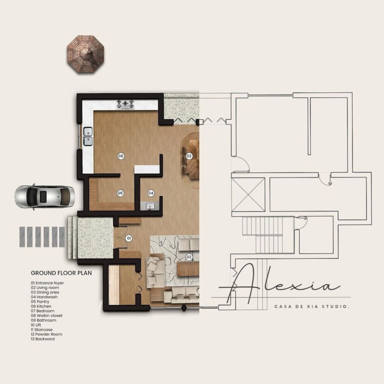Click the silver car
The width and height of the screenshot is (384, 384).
pos(45,196)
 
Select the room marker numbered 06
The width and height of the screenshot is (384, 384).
pos(121,156)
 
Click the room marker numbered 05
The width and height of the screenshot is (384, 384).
pos(120,193)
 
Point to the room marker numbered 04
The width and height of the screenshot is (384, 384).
pos(151,193)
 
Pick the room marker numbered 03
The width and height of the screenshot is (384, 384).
pos(189,156)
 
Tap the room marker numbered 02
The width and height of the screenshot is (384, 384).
pos(189,257)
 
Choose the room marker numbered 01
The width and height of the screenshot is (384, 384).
pos(128,238)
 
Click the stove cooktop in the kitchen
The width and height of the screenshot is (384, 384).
pos(125,104)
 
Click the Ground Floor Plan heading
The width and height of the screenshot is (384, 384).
pos(61,273)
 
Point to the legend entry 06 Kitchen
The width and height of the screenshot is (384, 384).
pos(41,307)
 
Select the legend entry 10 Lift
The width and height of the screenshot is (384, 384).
pos(36,325)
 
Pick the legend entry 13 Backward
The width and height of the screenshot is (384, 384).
pos(43,339)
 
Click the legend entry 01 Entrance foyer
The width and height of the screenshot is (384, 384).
pos(47,283)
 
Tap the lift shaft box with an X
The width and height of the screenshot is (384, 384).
pos(248,195)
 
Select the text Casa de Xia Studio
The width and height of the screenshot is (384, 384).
pos(312,307)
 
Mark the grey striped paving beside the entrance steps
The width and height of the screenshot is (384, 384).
pos(42,237)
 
